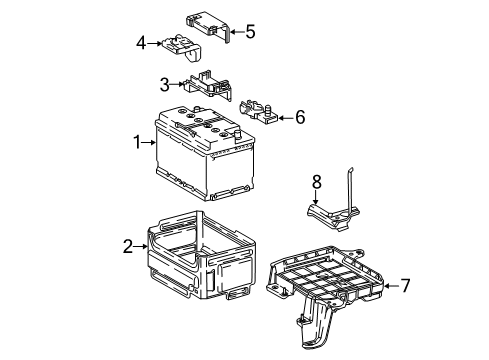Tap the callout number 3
(x=164, y=85)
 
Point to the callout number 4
(x=142, y=42)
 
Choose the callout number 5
(x=249, y=31)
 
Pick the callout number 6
(x=299, y=117)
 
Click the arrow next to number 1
(x=150, y=143)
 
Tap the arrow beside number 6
(x=284, y=117)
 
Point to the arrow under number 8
(x=317, y=198)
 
